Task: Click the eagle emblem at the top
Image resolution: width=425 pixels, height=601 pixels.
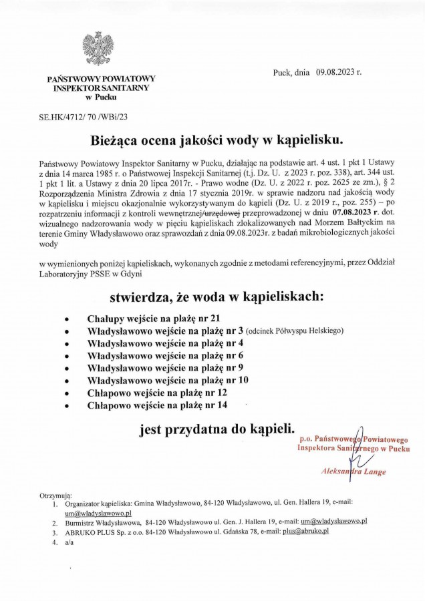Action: tap(98, 49)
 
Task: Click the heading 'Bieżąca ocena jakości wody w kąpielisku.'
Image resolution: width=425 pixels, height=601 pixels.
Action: tap(212, 140)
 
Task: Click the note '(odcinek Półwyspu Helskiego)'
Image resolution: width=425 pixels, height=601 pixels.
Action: tap(295, 331)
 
